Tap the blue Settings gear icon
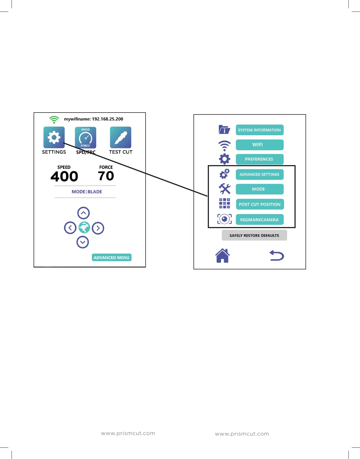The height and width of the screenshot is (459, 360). click(54, 137)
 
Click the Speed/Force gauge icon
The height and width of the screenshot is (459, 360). click(85, 138)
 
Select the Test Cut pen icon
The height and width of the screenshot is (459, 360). click(121, 137)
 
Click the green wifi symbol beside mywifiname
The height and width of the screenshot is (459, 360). click(54, 119)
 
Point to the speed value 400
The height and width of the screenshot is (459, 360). click(64, 176)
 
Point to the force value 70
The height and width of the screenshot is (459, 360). click(106, 176)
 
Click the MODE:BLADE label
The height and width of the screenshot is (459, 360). click(87, 192)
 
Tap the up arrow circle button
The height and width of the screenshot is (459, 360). click(83, 213)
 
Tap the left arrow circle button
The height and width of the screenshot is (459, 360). click(70, 228)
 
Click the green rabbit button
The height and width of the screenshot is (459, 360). click(84, 228)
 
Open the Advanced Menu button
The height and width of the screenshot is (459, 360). click(111, 258)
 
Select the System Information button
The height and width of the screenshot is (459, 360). click(260, 130)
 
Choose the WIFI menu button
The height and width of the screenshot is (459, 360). click(260, 145)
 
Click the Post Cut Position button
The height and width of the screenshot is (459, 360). click(260, 204)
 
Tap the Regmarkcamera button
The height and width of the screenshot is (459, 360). click(260, 220)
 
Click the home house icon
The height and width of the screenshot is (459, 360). click(222, 256)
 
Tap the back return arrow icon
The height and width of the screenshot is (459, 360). click(277, 256)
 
